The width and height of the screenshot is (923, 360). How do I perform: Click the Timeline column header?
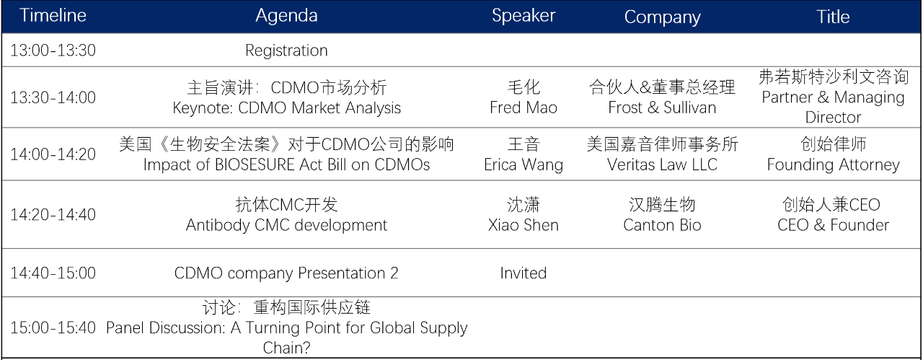(53, 16)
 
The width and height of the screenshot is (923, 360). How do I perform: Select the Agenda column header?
(286, 17)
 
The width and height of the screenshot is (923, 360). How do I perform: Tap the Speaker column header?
(524, 16)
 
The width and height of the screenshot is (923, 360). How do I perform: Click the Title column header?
(833, 17)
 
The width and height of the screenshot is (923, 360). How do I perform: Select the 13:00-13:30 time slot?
(53, 51)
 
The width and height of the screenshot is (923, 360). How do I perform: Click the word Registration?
(286, 51)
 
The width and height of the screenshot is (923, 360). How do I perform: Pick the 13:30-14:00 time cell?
(53, 97)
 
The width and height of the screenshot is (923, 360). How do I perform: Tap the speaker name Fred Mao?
(524, 107)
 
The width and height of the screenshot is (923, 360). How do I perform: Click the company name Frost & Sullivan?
(662, 107)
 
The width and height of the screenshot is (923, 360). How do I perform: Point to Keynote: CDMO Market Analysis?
(286, 108)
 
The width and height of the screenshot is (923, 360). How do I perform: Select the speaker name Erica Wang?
(524, 165)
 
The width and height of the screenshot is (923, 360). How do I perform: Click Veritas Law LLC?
(662, 164)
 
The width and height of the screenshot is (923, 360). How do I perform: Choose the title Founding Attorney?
(833, 165)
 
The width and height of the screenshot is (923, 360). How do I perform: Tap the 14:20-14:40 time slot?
(53, 215)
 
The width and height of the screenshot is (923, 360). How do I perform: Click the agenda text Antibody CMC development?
(286, 226)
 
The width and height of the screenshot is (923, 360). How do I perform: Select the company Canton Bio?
(662, 225)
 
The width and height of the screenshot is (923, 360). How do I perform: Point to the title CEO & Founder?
(833, 225)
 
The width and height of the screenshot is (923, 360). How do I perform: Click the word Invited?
(524, 273)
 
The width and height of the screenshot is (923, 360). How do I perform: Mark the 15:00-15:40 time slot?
(53, 328)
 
